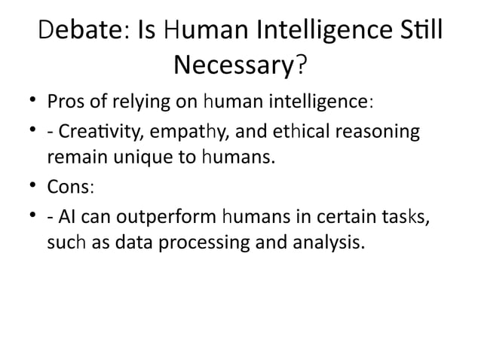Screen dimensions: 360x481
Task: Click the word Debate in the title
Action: tap(74, 33)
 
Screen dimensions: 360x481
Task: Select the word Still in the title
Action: tap(418, 33)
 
